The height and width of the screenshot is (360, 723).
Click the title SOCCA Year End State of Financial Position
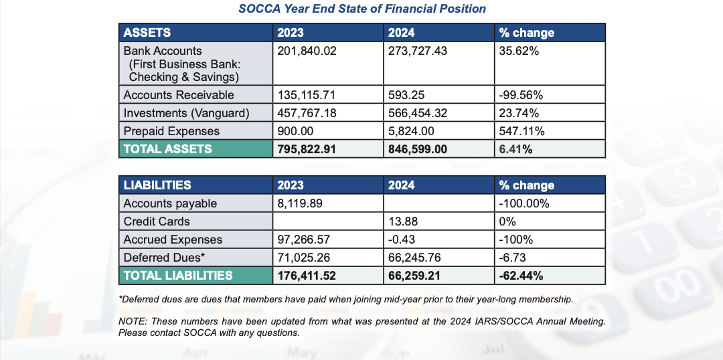pos(361,9)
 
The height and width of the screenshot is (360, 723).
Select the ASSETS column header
pos(147,33)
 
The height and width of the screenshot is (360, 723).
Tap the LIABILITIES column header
pos(157,185)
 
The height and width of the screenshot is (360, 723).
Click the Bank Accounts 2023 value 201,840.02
pos(307,51)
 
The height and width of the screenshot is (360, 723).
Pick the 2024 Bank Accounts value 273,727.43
pos(418,51)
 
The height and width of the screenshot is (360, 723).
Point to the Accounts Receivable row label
pos(179,95)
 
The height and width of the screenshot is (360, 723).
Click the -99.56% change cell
pos(521,95)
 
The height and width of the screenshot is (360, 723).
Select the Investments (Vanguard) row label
pos(187,113)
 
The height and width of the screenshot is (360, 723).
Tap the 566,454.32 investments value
pos(418,113)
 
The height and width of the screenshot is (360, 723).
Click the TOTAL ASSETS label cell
pos(195,149)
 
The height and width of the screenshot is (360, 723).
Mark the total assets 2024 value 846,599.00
pos(418,149)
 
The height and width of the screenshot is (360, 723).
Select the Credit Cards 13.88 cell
pos(403,221)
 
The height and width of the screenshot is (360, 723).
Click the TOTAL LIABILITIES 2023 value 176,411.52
pos(307,276)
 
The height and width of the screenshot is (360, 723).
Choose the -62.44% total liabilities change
pos(521,276)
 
